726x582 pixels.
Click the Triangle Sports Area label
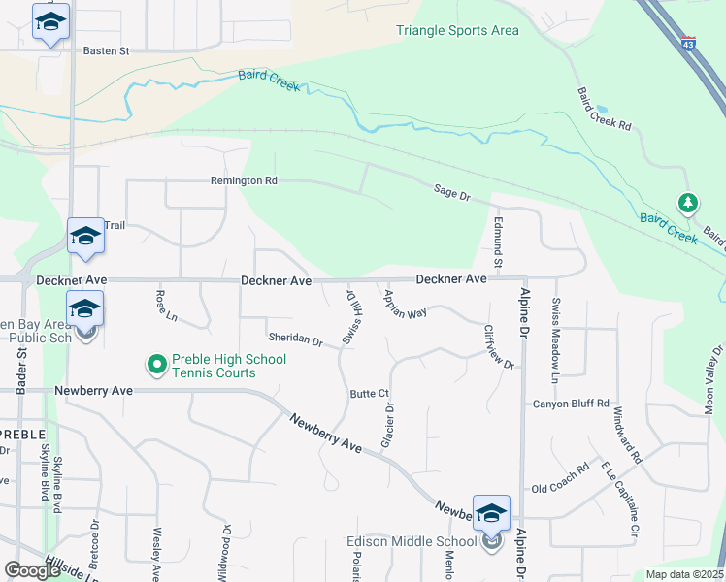click(457, 30)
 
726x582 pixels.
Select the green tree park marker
click(688, 203)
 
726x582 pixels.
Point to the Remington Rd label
click(244, 180)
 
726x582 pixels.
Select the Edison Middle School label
click(412, 541)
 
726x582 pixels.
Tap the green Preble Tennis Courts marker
click(155, 366)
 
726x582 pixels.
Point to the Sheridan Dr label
click(295, 339)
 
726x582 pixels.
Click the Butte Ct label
click(369, 394)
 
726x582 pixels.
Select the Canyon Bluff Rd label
click(570, 404)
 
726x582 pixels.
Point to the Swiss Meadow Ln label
click(556, 326)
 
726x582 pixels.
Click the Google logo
click(32, 570)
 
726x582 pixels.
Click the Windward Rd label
click(627, 436)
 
